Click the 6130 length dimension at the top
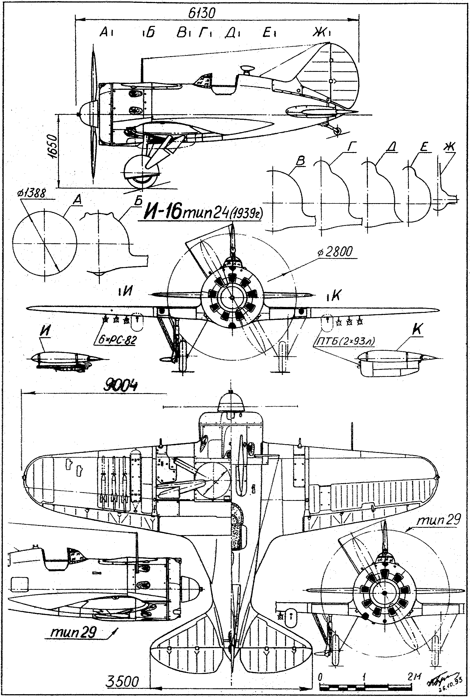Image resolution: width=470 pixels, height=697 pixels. coord(202,13)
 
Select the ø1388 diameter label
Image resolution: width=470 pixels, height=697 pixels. coord(31,194)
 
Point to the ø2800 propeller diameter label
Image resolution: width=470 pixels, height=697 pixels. coord(335,252)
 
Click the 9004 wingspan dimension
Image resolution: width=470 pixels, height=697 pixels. coord(121,386)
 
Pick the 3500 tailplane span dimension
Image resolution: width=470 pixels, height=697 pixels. coord(122,682)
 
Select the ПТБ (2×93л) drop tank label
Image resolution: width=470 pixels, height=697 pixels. coord(345,341)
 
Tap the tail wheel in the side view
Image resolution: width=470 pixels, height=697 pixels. coord(337,131)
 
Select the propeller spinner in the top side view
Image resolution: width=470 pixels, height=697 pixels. coord(89,114)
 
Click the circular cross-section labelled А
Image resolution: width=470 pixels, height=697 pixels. coord(44,242)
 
